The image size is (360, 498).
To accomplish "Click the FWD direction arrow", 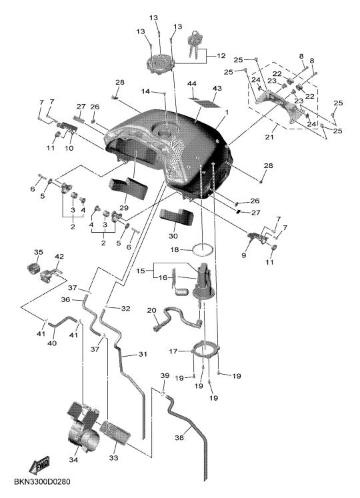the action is (x=39, y=465).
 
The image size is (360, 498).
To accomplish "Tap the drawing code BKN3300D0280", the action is (x=42, y=482).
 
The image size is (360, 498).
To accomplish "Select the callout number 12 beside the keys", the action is (x=221, y=56).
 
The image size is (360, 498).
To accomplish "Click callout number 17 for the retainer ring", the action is (x=173, y=351).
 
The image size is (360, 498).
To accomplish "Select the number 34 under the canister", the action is (x=73, y=459).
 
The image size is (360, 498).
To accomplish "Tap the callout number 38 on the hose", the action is (x=179, y=437).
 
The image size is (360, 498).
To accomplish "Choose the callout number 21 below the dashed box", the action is (x=269, y=137).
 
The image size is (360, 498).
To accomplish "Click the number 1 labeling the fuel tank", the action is (x=227, y=113).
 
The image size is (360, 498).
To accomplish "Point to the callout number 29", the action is (x=124, y=208).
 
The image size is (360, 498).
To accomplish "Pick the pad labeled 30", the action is (x=177, y=217).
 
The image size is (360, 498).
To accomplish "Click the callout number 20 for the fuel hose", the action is (x=152, y=310).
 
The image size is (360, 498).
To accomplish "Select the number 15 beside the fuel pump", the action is (x=141, y=271).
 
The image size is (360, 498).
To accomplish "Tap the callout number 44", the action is (x=192, y=83).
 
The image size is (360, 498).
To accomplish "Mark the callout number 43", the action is (x=217, y=88).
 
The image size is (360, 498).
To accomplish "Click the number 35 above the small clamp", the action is (x=39, y=252).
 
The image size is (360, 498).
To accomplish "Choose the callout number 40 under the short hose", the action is (x=52, y=343).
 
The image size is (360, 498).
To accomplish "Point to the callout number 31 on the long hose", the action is (x=143, y=354).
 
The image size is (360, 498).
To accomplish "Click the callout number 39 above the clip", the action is (x=165, y=376).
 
